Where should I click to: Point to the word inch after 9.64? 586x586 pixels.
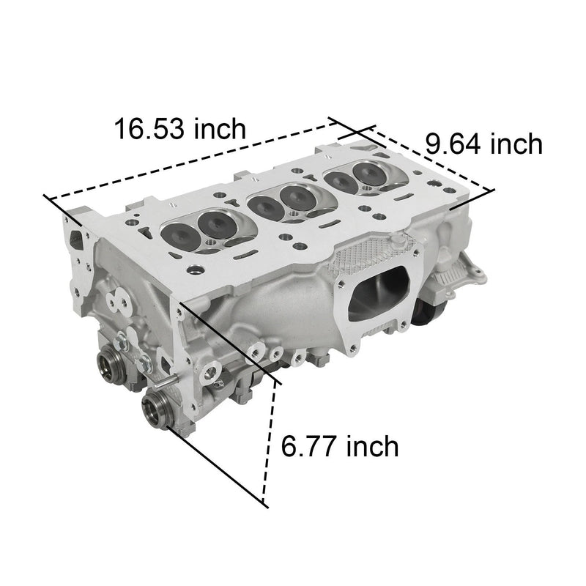[x=516, y=144]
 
